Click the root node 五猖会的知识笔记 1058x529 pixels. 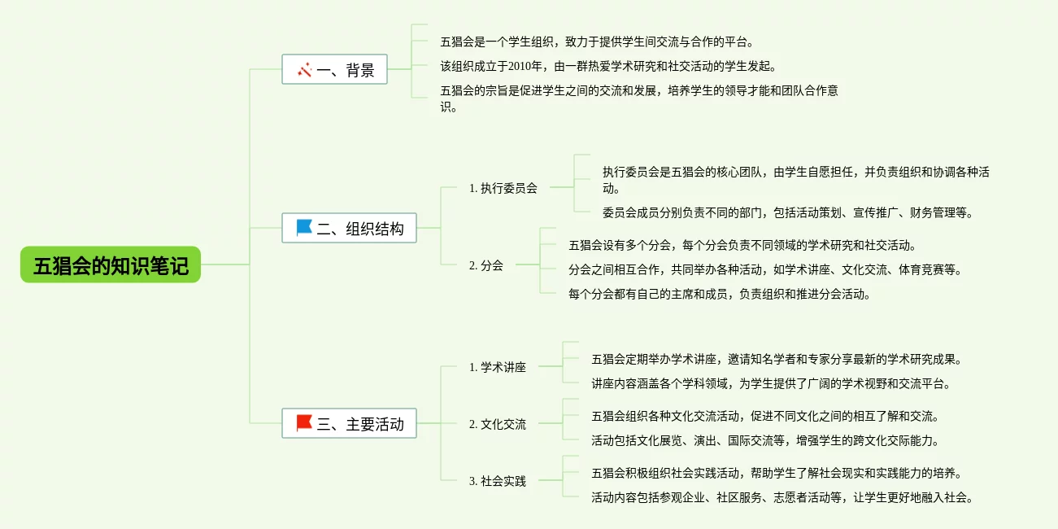coord(111,265)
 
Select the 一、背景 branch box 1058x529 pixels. coord(334,70)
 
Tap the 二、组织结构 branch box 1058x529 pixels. coord(349,229)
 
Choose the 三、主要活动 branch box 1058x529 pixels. coord(349,423)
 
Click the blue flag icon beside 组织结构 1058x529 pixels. coord(304,228)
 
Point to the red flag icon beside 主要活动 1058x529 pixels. coord(304,422)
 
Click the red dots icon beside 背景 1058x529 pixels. coord(305,70)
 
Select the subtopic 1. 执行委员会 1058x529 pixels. coord(503,188)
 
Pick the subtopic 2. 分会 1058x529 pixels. coord(485,265)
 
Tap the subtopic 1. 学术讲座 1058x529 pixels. coord(497,367)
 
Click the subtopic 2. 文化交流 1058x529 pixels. coord(497,424)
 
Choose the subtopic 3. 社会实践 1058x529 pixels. coord(497,481)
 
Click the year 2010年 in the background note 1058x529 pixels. coord(525,66)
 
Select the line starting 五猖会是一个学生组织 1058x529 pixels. coord(602,42)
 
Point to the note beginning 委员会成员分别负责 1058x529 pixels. coord(787,213)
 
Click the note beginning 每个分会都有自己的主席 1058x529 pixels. coord(719,295)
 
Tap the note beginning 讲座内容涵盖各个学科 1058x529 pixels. coord(770,383)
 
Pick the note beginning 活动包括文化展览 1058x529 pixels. coord(764,441)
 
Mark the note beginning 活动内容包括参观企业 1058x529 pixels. coord(782,497)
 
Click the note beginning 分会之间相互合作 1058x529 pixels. coord(764,269)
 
